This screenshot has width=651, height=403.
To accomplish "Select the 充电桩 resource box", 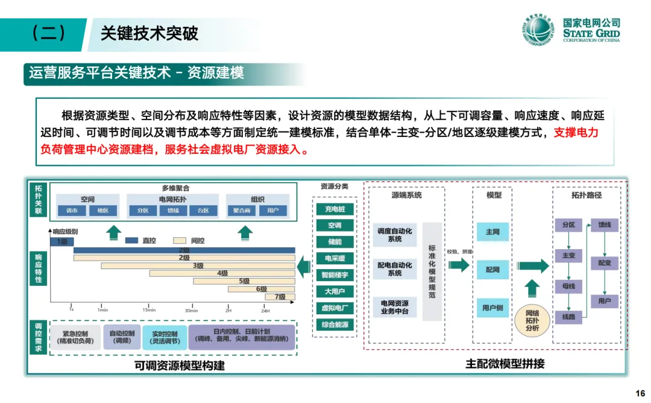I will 334,209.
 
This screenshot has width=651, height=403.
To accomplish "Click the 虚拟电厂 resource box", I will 334,308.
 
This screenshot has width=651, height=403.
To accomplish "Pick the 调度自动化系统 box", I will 395,235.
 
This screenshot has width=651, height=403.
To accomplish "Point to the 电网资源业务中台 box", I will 395,306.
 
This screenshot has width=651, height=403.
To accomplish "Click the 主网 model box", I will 492,232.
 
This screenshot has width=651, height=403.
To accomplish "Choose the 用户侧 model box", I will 492,308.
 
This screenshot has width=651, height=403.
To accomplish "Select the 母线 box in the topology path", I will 568,286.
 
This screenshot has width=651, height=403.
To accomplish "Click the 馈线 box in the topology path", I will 605,224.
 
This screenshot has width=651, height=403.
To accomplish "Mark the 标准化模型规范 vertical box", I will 432,271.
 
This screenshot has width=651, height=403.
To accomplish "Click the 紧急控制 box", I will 75,337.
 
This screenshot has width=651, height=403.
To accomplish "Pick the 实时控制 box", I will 164,337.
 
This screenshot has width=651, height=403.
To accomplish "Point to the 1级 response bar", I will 61,241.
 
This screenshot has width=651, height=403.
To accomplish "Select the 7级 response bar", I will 280,296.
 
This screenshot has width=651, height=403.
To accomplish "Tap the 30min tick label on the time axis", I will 191,310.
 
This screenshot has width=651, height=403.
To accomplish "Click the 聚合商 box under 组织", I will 242,211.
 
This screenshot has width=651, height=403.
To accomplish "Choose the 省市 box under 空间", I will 72,211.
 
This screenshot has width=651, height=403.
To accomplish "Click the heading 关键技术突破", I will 149,33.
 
